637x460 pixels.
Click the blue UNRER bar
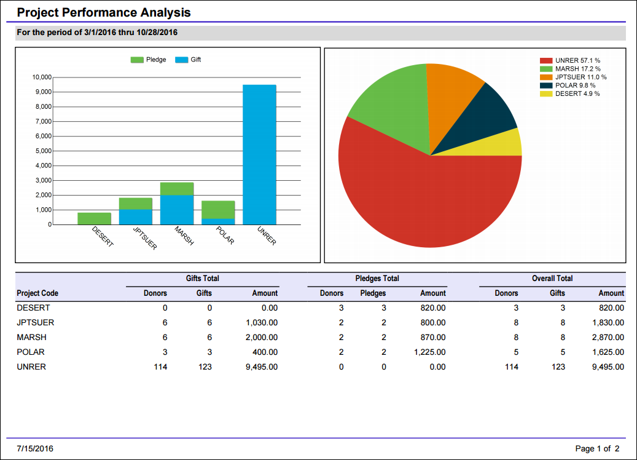259,154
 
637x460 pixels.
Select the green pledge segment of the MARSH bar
177,189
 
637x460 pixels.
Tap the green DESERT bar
94,218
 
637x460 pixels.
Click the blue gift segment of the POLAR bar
218,221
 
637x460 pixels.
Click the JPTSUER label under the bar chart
145,238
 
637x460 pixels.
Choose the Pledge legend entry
148,60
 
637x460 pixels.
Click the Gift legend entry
188,60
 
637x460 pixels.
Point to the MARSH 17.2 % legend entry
571,69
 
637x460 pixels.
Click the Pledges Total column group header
377,278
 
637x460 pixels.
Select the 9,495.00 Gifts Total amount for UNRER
262,367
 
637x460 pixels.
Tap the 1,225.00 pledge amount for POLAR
430,352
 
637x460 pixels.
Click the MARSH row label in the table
32,337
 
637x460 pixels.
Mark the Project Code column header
37,293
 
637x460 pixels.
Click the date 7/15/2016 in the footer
35,448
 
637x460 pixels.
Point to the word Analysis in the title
165,13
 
